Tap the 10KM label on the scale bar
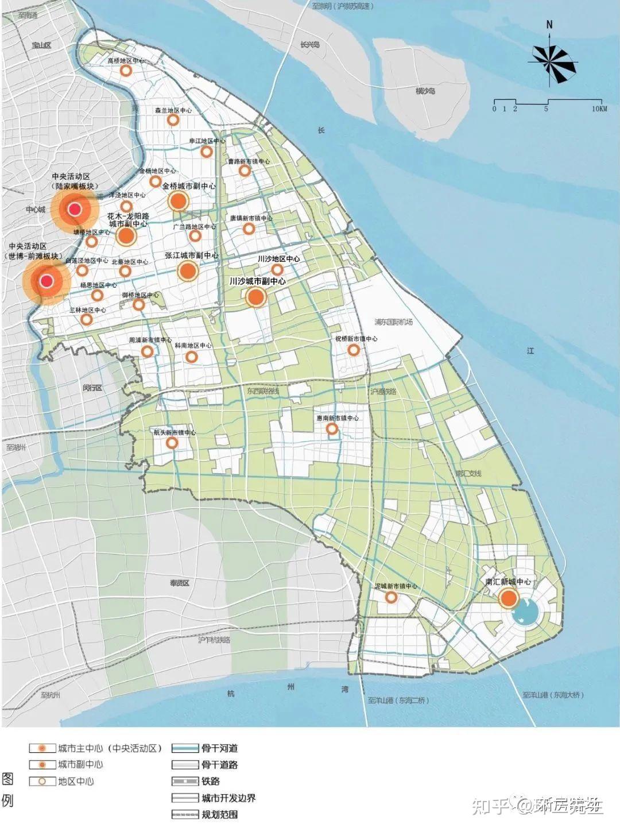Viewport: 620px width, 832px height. coord(599,109)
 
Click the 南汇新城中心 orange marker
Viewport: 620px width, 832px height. coord(508,598)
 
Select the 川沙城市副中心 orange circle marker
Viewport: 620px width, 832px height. coord(255,297)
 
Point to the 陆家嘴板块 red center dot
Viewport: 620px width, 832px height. coord(75,210)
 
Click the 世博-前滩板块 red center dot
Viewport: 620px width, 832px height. coord(47,281)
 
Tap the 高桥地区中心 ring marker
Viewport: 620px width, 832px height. coord(126,71)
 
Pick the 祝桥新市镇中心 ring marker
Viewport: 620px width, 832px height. coord(354,349)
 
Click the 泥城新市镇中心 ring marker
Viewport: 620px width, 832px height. coord(392,597)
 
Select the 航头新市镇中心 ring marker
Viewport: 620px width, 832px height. coord(172,443)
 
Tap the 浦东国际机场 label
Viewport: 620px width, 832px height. coord(393,322)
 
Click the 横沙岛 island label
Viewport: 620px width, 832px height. coord(425,91)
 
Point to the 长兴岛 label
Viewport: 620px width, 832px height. coord(309,44)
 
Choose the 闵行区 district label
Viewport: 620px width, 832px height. coord(92,388)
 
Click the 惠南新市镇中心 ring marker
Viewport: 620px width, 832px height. coord(332,428)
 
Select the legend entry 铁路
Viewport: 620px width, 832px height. coord(211,781)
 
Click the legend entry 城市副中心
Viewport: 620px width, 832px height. coord(80,764)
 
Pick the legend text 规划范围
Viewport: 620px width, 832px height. coord(219,814)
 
